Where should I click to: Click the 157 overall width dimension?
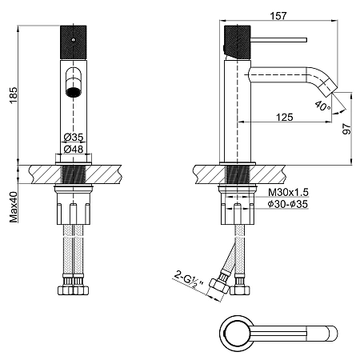(x=278, y=16)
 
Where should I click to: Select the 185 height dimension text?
(x=13, y=95)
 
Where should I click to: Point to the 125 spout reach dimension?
(x=284, y=117)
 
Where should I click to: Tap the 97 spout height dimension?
(x=346, y=129)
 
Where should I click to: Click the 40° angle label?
(x=322, y=106)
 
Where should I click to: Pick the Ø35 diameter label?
(x=74, y=138)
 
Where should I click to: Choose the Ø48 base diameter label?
(x=74, y=149)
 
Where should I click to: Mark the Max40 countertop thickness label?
(x=13, y=207)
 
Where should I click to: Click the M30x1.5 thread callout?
(x=288, y=192)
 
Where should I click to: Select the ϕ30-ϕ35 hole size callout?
(x=288, y=204)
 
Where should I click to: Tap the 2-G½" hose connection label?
(x=189, y=282)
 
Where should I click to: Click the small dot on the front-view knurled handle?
(x=74, y=40)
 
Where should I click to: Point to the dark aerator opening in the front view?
(x=73, y=92)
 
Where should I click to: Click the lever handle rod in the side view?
(x=278, y=40)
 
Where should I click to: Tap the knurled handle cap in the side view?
(x=238, y=42)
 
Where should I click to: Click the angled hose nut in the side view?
(x=219, y=286)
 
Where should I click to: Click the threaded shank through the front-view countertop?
(x=74, y=174)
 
